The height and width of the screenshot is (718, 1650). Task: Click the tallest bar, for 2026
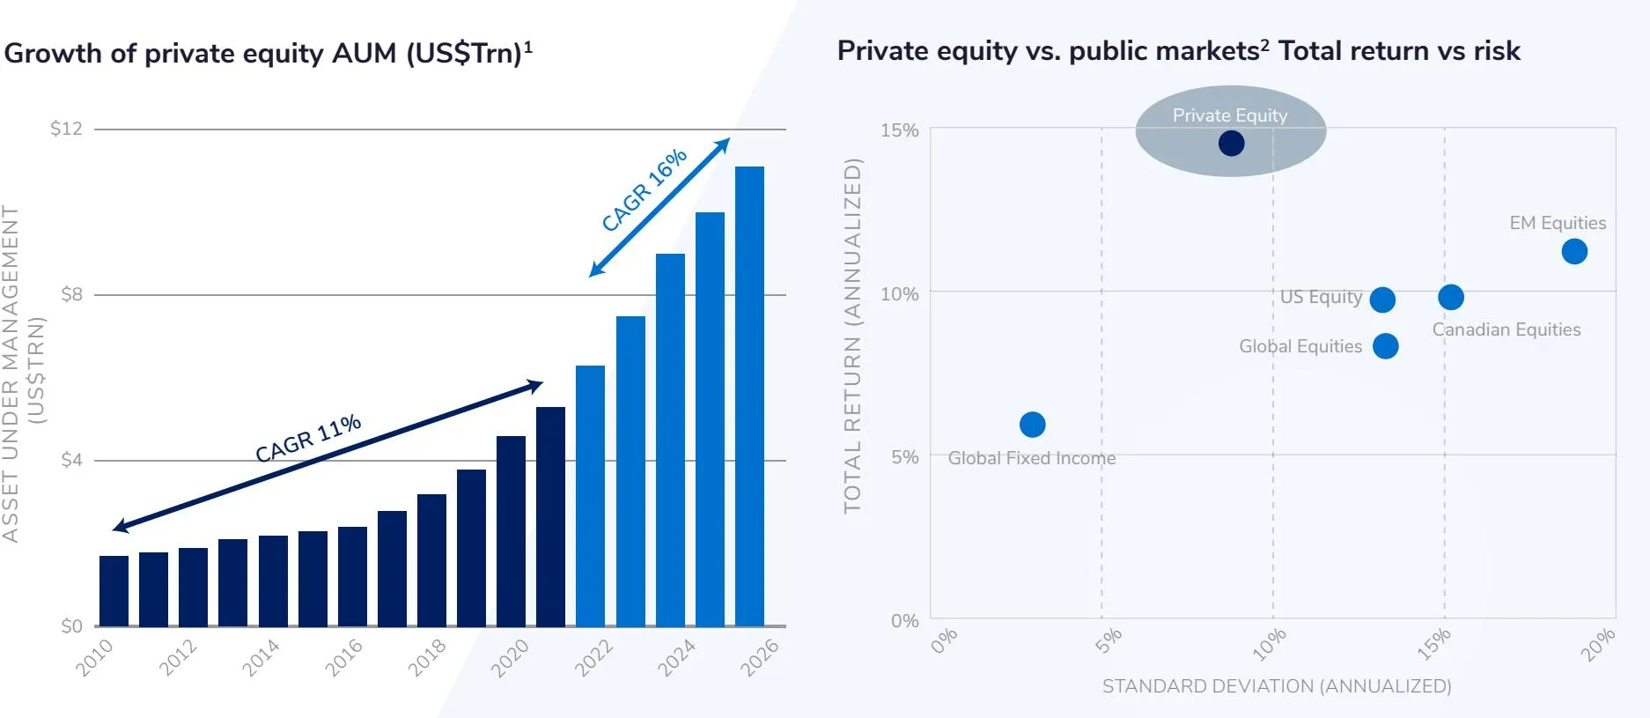click(x=749, y=396)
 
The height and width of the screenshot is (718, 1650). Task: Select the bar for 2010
click(x=114, y=590)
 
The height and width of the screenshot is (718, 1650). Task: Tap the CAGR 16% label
click(x=644, y=190)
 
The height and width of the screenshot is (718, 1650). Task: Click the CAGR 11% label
click(x=308, y=438)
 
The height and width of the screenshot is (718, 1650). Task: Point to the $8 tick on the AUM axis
click(x=71, y=294)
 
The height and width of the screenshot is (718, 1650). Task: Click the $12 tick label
click(x=66, y=129)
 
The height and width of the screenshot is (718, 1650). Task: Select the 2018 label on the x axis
click(x=427, y=658)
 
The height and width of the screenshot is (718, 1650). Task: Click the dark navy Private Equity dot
click(x=1231, y=143)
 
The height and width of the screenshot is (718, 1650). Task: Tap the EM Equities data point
click(x=1574, y=251)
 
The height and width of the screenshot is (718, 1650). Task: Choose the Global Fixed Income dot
click(x=1032, y=425)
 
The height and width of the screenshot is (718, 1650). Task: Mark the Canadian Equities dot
click(x=1451, y=298)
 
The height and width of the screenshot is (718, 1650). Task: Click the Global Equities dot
click(x=1385, y=346)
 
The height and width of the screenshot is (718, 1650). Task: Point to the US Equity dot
click(x=1382, y=300)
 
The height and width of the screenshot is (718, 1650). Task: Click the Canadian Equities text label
click(x=1506, y=329)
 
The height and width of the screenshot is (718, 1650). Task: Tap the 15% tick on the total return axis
click(x=899, y=130)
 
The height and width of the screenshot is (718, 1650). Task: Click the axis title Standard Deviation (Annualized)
click(x=1277, y=686)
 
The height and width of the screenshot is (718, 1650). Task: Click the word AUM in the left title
click(x=365, y=54)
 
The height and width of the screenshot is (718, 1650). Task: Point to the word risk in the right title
click(x=1497, y=51)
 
